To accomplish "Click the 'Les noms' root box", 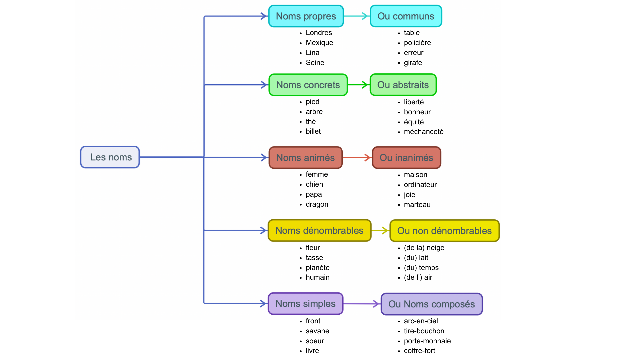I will (110, 157).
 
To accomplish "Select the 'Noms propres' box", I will (306, 16).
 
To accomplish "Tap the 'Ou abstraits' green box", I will (403, 85).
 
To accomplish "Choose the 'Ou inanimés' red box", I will (406, 157).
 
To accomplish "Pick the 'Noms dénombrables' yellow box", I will (319, 230).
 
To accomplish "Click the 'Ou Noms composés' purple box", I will (432, 304).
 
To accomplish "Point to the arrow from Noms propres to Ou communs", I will (356, 16).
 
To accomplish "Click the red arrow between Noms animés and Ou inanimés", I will (357, 157).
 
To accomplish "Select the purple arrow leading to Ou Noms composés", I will (362, 304).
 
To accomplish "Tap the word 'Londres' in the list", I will (319, 33).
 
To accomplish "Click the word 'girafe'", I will (413, 63).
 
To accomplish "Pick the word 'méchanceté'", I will (423, 132).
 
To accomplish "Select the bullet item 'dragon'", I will (317, 204).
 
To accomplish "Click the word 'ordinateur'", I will (420, 185).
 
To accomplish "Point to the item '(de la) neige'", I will (424, 248).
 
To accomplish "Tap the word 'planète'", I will (317, 268).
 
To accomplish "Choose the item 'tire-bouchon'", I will (424, 331).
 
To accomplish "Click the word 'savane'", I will (317, 331).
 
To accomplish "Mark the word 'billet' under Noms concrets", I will (313, 131).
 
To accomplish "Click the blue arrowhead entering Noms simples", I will (264, 304).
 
